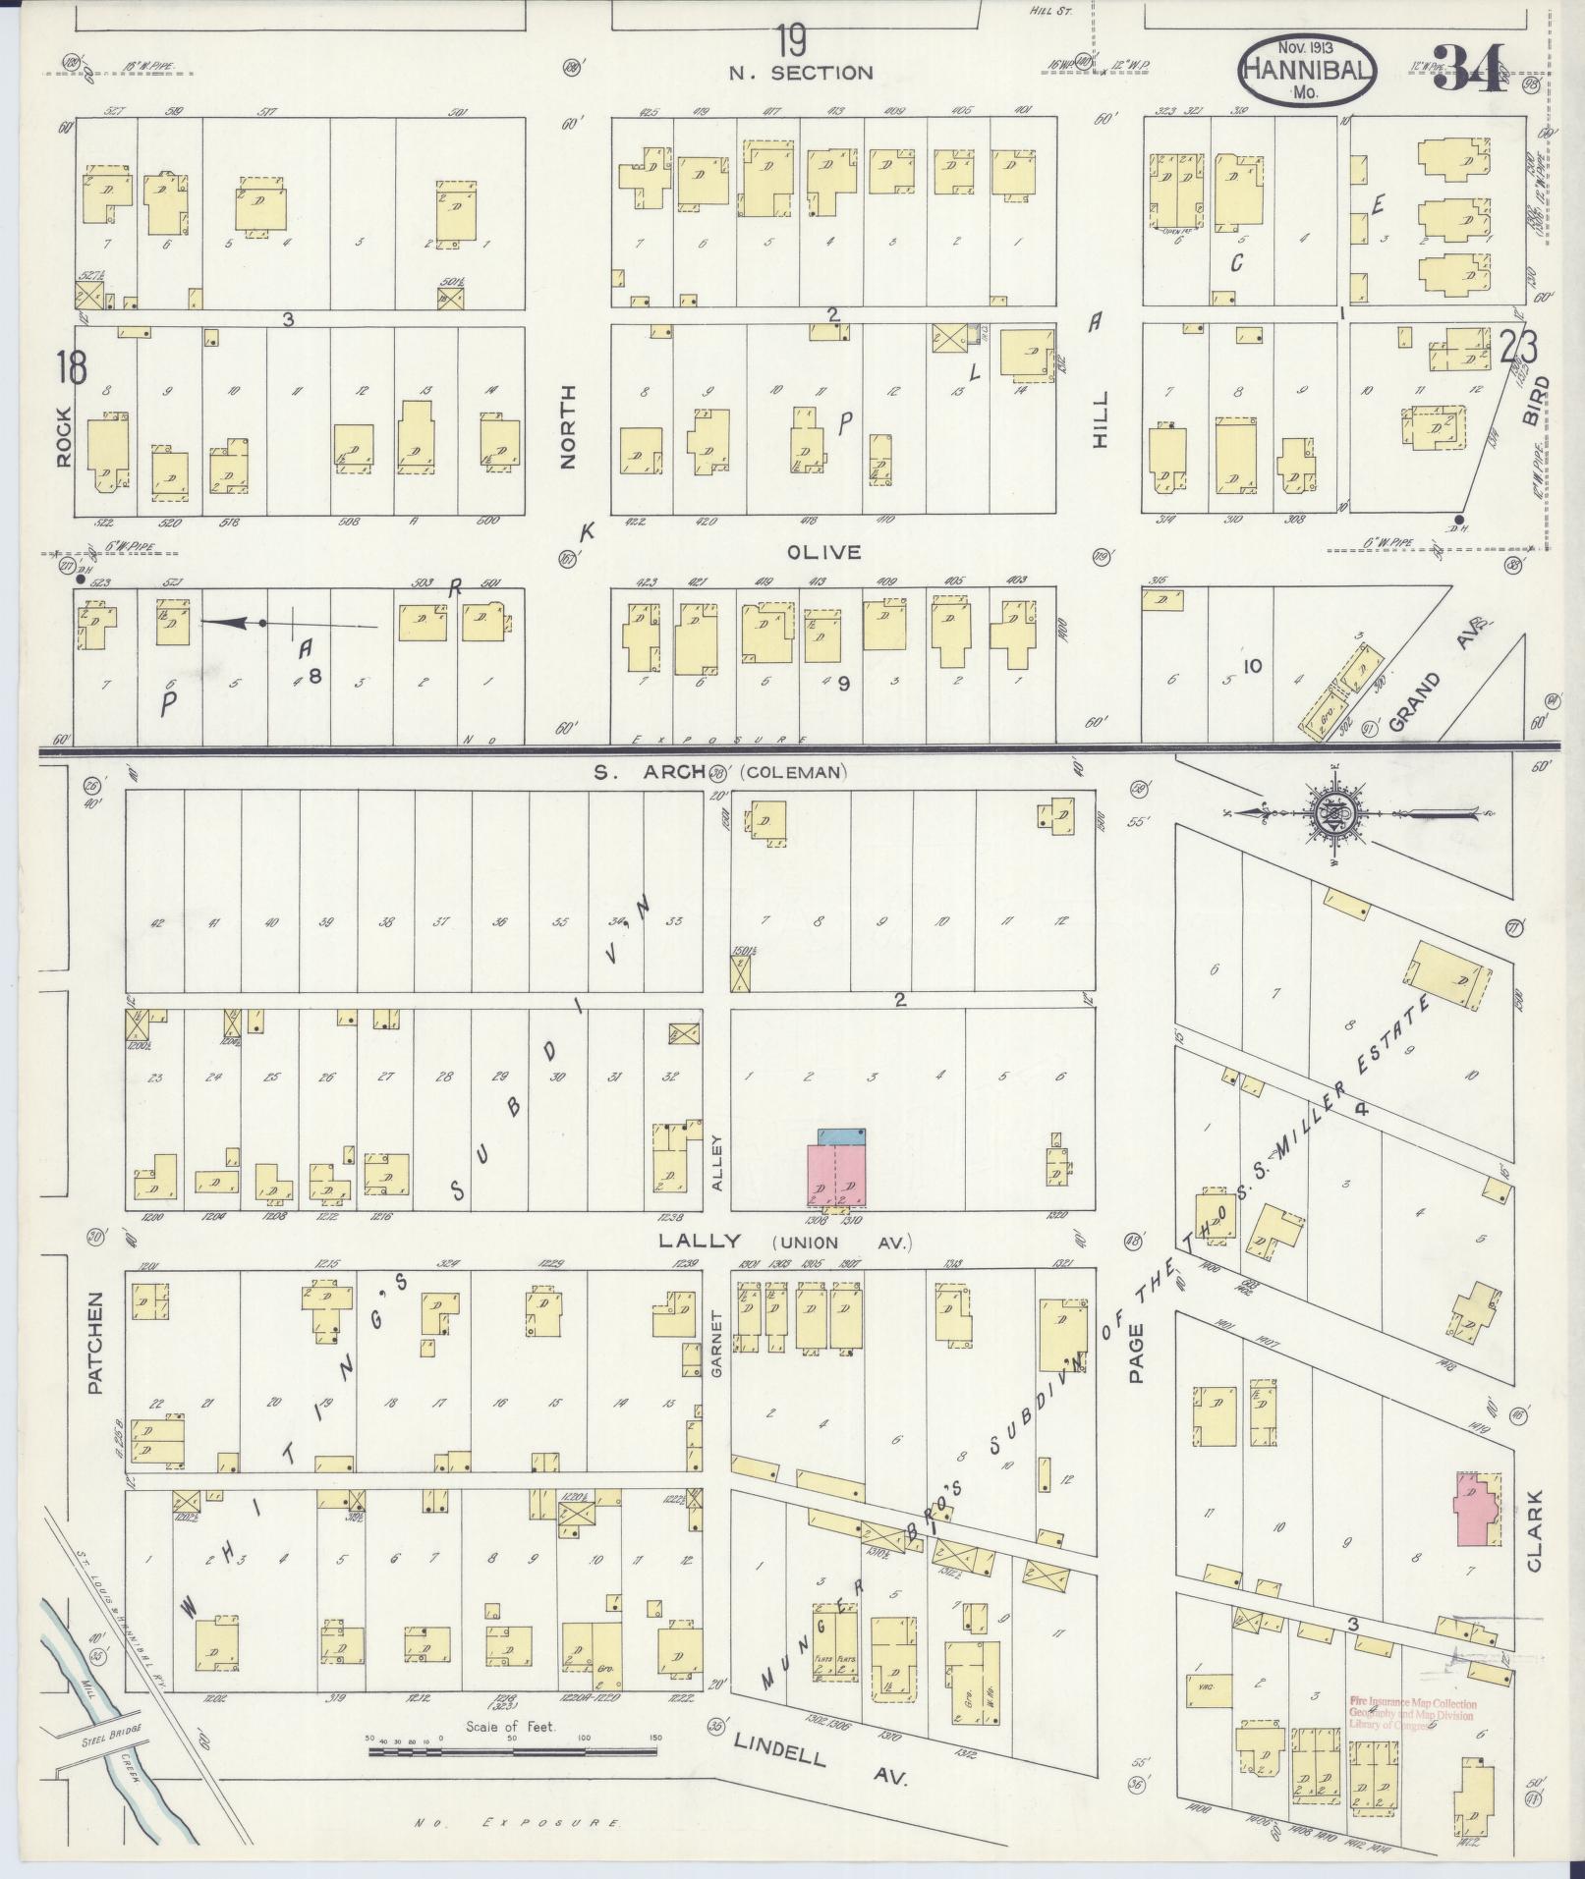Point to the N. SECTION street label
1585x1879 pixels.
pos(800,73)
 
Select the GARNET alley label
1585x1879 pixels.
pos(716,1343)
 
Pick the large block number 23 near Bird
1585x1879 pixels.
pos(1521,348)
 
